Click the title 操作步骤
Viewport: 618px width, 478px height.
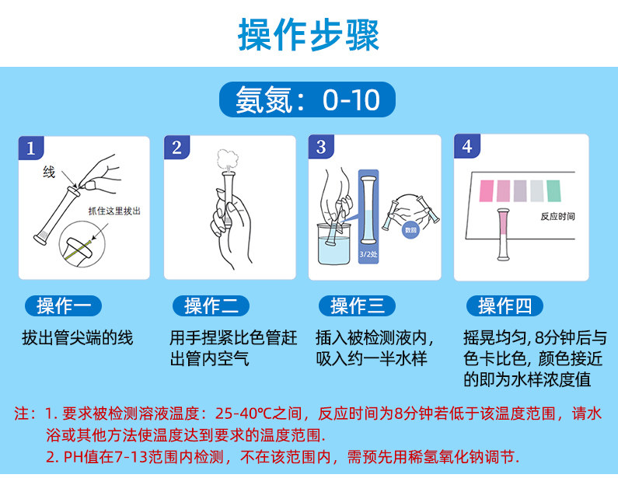pyautogui.click(x=309, y=35)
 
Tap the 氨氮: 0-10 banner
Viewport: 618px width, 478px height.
pyautogui.click(x=307, y=99)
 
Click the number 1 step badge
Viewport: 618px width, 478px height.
pyautogui.click(x=31, y=148)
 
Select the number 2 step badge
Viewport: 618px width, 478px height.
pyautogui.click(x=176, y=148)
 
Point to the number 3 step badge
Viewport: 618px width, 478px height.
pyautogui.click(x=321, y=147)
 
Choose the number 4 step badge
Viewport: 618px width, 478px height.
pyautogui.click(x=467, y=146)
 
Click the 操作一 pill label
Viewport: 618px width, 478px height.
pyautogui.click(x=63, y=305)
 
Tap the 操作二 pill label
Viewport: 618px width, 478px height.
pyautogui.click(x=211, y=305)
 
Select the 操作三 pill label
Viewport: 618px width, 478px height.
pyautogui.click(x=357, y=305)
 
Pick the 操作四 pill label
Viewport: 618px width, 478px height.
pyautogui.click(x=505, y=305)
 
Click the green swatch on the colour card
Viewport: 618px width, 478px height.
pyautogui.click(x=553, y=190)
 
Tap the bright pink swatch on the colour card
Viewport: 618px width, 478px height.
pyautogui.click(x=487, y=190)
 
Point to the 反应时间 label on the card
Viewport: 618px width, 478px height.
pyautogui.click(x=557, y=216)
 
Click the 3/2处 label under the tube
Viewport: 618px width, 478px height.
pyautogui.click(x=368, y=254)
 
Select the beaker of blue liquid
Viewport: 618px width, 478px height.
pyautogui.click(x=333, y=244)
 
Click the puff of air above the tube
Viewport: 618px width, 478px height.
pyautogui.click(x=229, y=159)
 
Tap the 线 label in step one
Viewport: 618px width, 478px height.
pyautogui.click(x=49, y=173)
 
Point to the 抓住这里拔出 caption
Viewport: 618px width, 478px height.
pyautogui.click(x=114, y=211)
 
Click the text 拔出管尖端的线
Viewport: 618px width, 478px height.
pyautogui.click(x=78, y=338)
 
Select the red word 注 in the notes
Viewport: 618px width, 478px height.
pyautogui.click(x=22, y=413)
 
